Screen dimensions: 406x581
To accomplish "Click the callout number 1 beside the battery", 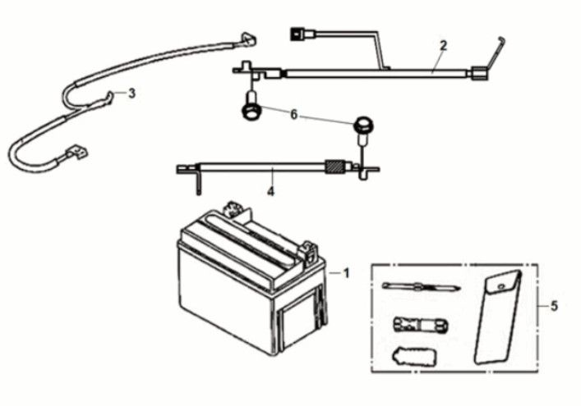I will (x=346, y=272).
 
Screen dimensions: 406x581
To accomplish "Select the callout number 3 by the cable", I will (x=132, y=93).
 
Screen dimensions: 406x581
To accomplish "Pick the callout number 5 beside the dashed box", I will (x=554, y=306).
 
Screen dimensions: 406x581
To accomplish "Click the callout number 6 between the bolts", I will (x=293, y=115).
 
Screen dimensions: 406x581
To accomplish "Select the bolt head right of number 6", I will (x=362, y=125).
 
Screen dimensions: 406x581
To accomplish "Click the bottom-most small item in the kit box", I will (x=417, y=358).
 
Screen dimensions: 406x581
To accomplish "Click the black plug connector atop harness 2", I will (x=297, y=35).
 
